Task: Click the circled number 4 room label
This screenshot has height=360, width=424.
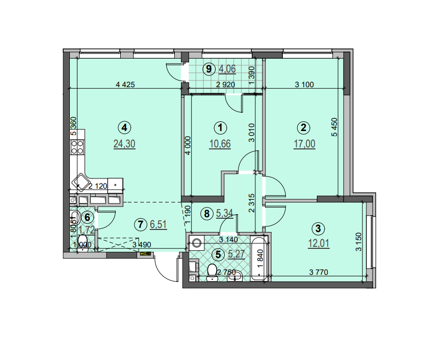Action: (x=124, y=127)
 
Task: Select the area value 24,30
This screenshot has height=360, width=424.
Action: (x=124, y=144)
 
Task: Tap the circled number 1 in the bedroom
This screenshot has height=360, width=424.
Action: (x=220, y=127)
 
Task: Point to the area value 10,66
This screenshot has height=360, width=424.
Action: (x=220, y=144)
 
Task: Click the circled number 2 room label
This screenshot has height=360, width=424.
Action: (x=304, y=127)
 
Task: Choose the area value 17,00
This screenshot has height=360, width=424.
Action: (x=304, y=144)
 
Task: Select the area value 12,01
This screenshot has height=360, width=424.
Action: (x=319, y=243)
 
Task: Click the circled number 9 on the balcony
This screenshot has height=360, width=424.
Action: (x=208, y=68)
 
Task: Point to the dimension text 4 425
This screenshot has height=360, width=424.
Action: (x=125, y=85)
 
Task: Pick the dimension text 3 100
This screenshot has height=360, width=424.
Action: (x=304, y=85)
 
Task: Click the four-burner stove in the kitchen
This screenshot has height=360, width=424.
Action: (x=77, y=147)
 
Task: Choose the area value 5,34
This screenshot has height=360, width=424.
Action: (x=225, y=214)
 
